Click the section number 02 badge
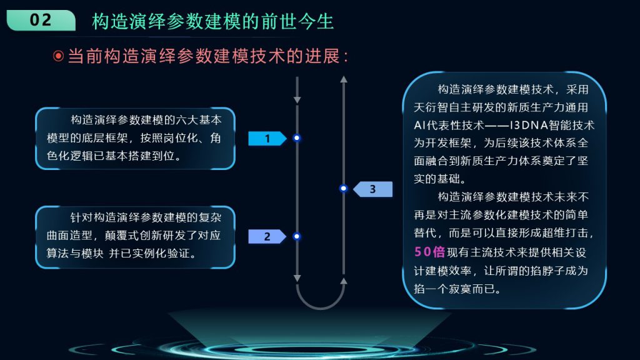pyautogui.click(x=41, y=20)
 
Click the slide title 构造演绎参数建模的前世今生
pyautogui.click(x=212, y=21)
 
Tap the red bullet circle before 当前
pyautogui.click(x=58, y=56)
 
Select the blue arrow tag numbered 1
pyautogui.click(x=267, y=138)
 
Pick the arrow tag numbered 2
pyautogui.click(x=267, y=236)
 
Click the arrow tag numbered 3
pyautogui.click(x=372, y=189)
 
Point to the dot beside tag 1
pyautogui.click(x=297, y=138)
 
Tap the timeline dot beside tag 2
pyautogui.click(x=297, y=236)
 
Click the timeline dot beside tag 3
pyautogui.click(x=343, y=188)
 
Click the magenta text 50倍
pyautogui.click(x=429, y=251)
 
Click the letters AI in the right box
pyautogui.click(x=419, y=125)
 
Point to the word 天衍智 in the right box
pyautogui.click(x=431, y=107)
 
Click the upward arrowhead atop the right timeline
pyautogui.click(x=344, y=79)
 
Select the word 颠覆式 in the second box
pyautogui.click(x=122, y=236)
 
